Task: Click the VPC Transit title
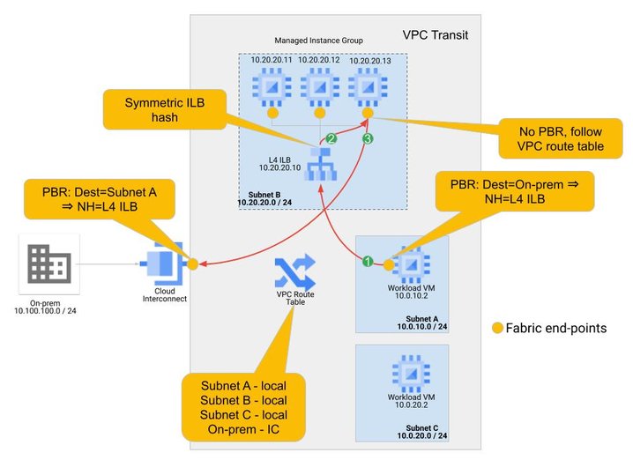click(435, 35)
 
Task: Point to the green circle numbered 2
click(331, 139)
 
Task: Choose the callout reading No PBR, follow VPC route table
click(561, 136)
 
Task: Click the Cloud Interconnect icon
click(166, 263)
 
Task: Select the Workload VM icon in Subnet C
click(406, 371)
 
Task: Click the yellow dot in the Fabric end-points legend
click(498, 328)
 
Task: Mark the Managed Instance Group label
click(318, 41)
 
